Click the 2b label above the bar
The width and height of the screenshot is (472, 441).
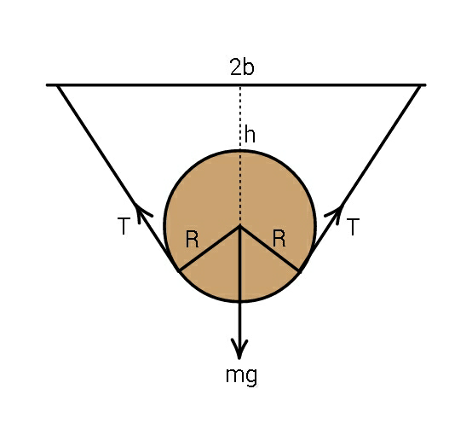[242, 67]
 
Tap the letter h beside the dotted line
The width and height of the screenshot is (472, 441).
[250, 135]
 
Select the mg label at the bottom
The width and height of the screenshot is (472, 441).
[242, 376]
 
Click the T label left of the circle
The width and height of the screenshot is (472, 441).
[124, 226]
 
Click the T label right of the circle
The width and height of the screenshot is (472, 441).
[353, 226]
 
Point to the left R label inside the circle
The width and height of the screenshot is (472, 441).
[192, 239]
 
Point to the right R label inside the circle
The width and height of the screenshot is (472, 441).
[279, 238]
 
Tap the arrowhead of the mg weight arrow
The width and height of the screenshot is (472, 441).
[239, 349]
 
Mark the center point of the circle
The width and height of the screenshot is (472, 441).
[240, 225]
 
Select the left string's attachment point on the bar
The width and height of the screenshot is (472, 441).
[58, 85]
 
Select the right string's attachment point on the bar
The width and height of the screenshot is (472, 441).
[420, 85]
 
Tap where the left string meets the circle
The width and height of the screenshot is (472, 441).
[180, 270]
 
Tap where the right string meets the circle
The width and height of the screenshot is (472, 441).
[300, 271]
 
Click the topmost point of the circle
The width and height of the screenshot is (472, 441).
[240, 150]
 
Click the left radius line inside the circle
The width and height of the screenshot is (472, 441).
[210, 248]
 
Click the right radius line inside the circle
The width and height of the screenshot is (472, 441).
[270, 248]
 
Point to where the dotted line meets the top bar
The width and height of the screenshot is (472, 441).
[240, 86]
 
